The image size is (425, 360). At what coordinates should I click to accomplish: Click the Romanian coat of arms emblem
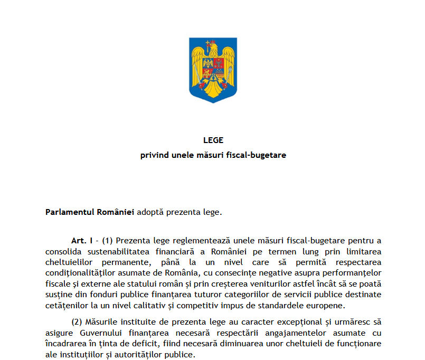[213, 70]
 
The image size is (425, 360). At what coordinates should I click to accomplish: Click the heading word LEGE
[213, 140]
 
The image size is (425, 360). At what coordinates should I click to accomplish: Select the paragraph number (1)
[108, 241]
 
